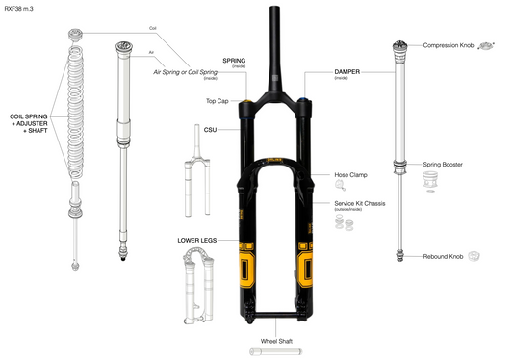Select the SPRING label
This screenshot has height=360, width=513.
pos(233,59)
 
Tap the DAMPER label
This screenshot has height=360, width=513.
pos(346,71)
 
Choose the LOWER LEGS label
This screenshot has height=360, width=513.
pos(195,238)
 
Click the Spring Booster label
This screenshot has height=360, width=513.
pos(444,165)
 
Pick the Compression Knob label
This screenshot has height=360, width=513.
pos(449,45)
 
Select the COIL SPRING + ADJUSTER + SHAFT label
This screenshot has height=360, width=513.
pos(30,122)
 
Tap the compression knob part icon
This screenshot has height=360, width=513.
pos(489,44)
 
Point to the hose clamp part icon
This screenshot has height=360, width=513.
pos(340,189)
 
